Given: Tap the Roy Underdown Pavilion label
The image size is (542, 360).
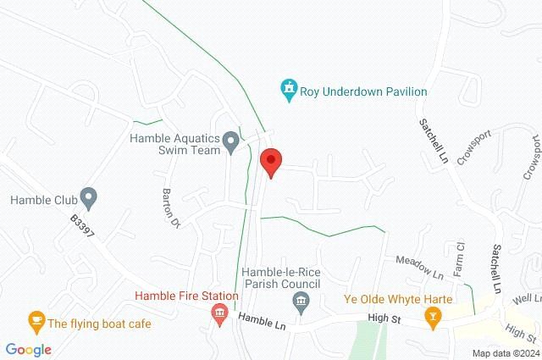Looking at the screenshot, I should (363, 91).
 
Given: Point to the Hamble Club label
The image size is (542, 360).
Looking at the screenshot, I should (44, 201).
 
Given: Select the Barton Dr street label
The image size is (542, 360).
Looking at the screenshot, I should (172, 208).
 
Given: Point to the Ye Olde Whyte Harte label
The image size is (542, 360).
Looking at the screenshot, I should (398, 299).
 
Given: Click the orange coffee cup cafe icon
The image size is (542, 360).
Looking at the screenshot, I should (36, 321).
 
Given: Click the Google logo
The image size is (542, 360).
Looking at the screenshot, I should (28, 350).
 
